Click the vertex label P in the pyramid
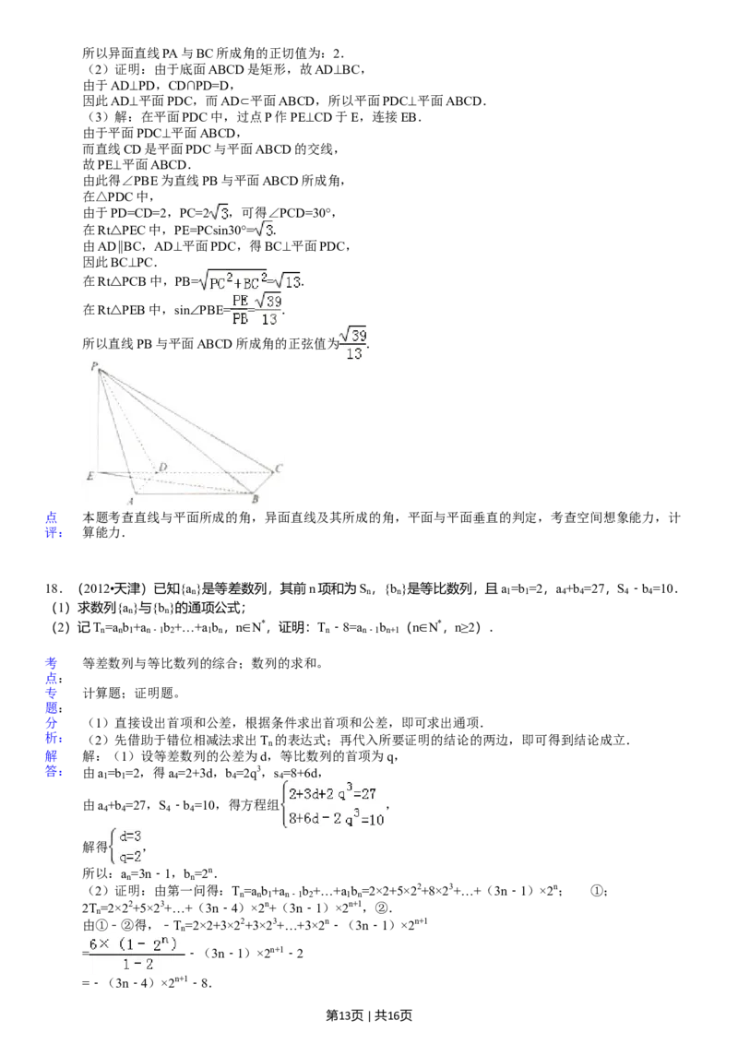[94, 366]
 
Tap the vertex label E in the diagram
[89, 476]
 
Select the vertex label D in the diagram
[162, 468]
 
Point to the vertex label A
[130, 499]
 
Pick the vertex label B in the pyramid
[255, 499]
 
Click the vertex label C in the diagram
[278, 468]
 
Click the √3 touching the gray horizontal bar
[263, 230]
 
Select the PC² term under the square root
[219, 282]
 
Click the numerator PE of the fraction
[239, 301]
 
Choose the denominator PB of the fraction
[240, 319]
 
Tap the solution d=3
[130, 836]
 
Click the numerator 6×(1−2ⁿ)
[137, 943]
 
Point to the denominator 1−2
[138, 965]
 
